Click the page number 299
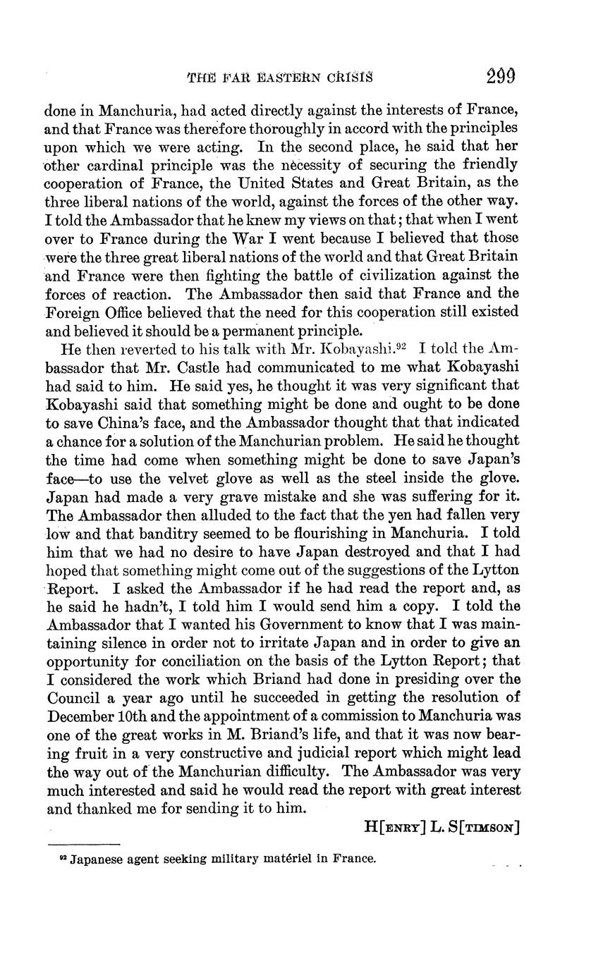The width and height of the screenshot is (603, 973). [501, 76]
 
